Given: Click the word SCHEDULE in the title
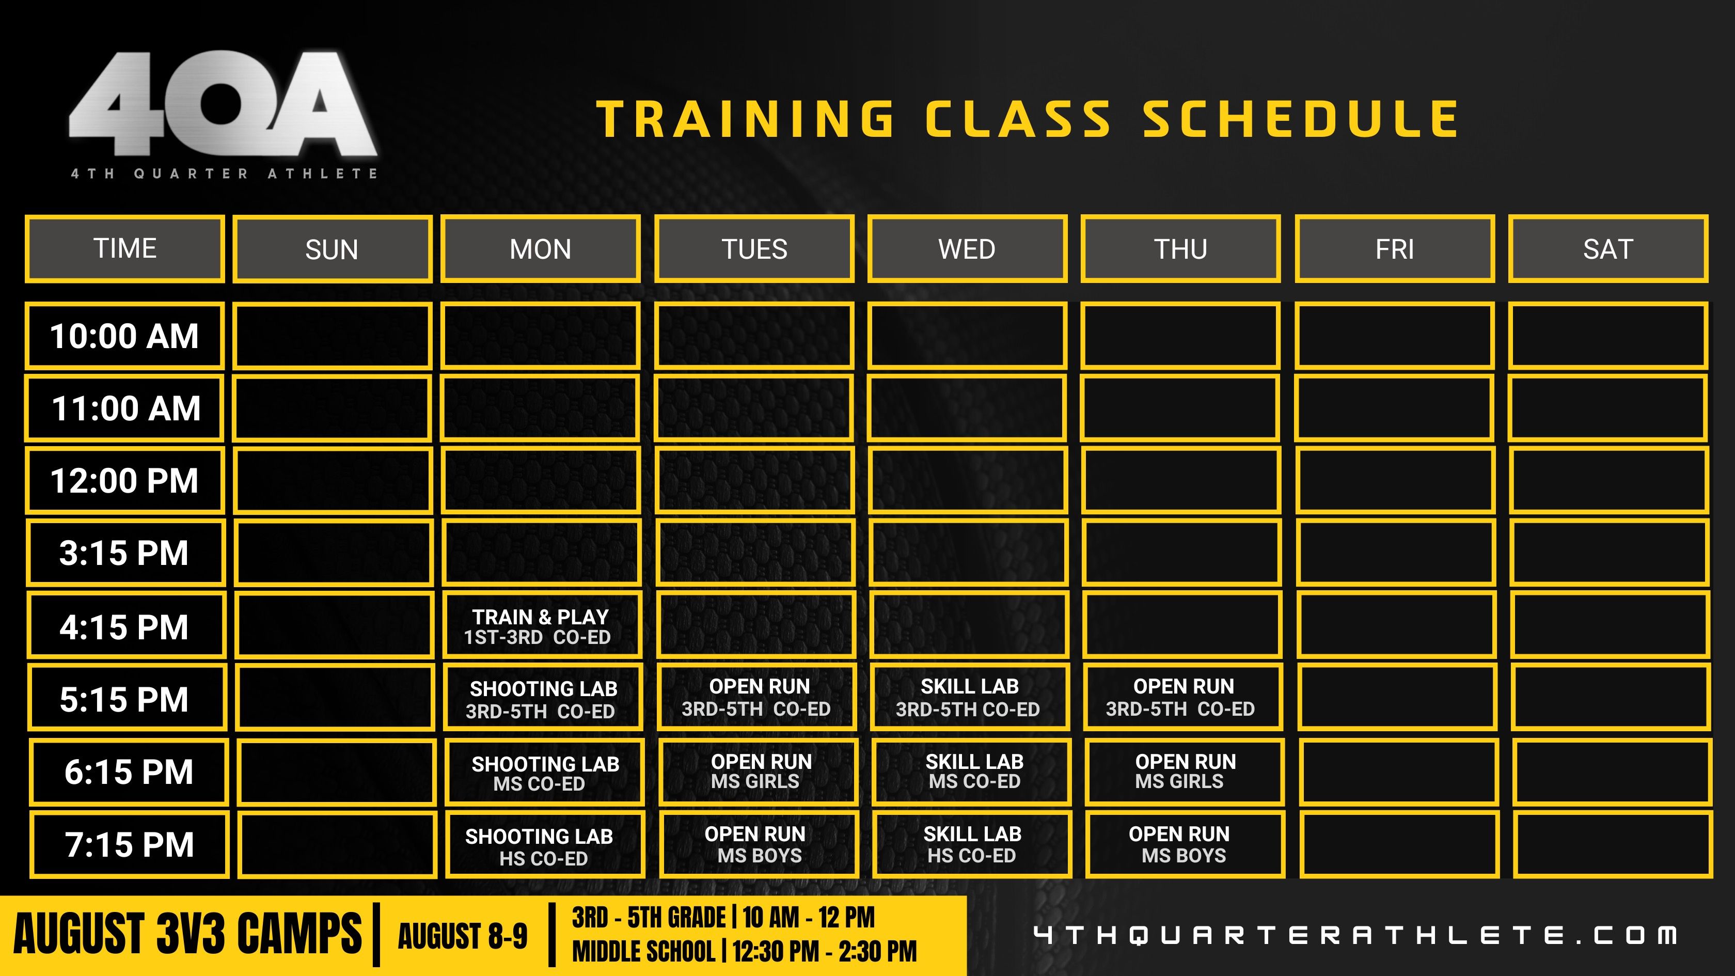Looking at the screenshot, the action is click(1301, 119).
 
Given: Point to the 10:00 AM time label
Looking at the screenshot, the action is click(124, 336).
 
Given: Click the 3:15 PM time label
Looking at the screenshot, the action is click(125, 553).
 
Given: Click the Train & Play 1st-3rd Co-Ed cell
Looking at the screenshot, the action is click(542, 626).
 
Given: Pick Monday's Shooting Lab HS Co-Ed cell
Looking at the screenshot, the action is click(544, 845).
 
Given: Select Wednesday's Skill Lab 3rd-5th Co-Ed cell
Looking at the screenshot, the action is click(969, 697).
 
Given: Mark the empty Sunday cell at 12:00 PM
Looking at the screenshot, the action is click(332, 480).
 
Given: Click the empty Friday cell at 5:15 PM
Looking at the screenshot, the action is click(1397, 697).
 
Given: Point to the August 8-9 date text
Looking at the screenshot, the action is click(463, 936).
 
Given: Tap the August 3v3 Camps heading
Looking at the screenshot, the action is click(188, 934).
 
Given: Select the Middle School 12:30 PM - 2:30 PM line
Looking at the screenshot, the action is click(744, 952).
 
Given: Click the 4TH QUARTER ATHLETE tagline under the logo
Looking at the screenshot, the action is click(224, 174).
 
